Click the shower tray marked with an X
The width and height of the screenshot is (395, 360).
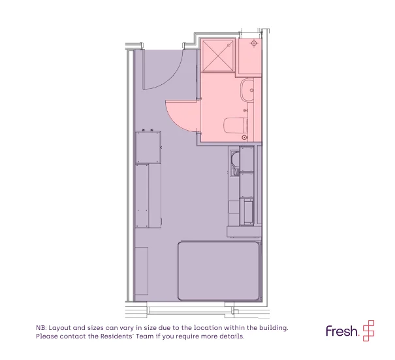pyautogui.click(x=218, y=56)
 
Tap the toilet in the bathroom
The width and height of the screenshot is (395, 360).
pyautogui.click(x=235, y=125)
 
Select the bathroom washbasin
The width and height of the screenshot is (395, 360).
pyautogui.click(x=247, y=90)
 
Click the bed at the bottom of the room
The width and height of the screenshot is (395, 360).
pyautogui.click(x=219, y=271)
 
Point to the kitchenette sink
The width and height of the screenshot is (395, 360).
pyautogui.click(x=235, y=163)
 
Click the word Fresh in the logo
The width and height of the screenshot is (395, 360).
pyautogui.click(x=342, y=331)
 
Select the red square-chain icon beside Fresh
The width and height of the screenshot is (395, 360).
pyautogui.click(x=368, y=331)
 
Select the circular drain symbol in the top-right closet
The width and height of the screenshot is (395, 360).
pyautogui.click(x=254, y=44)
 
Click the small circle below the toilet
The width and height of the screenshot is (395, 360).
pyautogui.click(x=244, y=137)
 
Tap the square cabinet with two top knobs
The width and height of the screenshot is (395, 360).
pyautogui.click(x=148, y=147)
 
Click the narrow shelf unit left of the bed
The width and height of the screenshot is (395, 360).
pyautogui.click(x=141, y=270)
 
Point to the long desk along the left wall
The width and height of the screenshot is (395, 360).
pyautogui.click(x=148, y=196)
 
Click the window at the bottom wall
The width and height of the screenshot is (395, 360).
pyautogui.click(x=190, y=310)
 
